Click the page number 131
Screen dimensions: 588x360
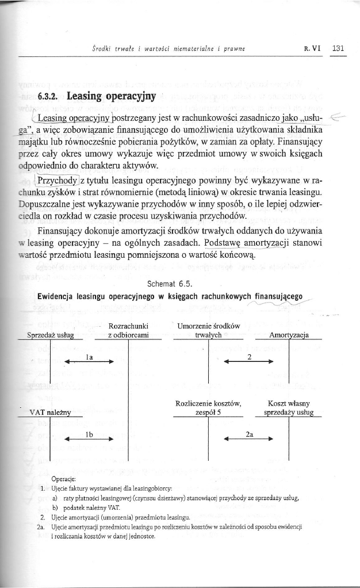(x=338, y=48)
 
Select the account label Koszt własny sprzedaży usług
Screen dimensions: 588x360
(x=289, y=408)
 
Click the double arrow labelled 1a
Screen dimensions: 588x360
(x=89, y=362)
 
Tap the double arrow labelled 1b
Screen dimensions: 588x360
(x=89, y=439)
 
